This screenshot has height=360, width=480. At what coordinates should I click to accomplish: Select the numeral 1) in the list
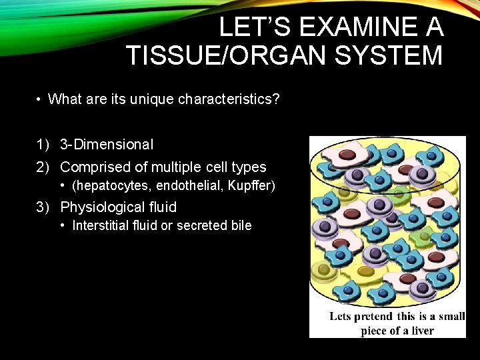point(43,144)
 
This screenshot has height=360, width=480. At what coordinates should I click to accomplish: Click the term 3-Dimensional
point(107,144)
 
